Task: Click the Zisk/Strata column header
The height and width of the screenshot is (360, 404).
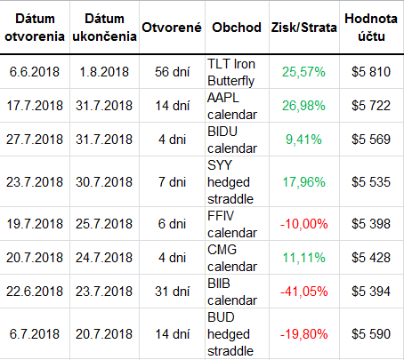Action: pos(303,28)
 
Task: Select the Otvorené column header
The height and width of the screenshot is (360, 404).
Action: pos(172,28)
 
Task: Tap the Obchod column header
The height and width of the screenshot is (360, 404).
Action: pos(237,28)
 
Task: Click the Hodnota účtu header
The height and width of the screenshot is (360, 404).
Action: pos(371,28)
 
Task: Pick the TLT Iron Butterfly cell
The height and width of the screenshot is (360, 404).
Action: pos(231,72)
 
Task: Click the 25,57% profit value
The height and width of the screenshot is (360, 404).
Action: pos(303,72)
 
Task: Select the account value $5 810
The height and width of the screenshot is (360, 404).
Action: pos(371,72)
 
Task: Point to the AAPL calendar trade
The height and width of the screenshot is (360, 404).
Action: pos(232,106)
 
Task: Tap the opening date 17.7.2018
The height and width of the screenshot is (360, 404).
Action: pos(35,106)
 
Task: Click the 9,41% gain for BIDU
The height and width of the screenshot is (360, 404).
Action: pos(303,140)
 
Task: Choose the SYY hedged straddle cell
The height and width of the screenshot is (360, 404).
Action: pos(230,182)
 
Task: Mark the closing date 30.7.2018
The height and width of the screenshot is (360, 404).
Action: pos(104,182)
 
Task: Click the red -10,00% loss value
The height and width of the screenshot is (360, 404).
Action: pos(303,224)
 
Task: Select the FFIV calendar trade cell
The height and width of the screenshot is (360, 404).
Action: pos(232,224)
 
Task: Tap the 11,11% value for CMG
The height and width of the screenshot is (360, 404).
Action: pos(303,258)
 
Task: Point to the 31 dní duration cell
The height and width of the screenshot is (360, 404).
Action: pos(172,292)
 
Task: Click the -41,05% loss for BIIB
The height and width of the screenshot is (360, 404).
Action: pos(303,292)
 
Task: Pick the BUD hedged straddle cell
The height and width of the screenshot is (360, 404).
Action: pos(230,334)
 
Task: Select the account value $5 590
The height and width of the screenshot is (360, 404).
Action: pos(371,334)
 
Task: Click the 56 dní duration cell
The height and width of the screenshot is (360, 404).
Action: pos(172,72)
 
